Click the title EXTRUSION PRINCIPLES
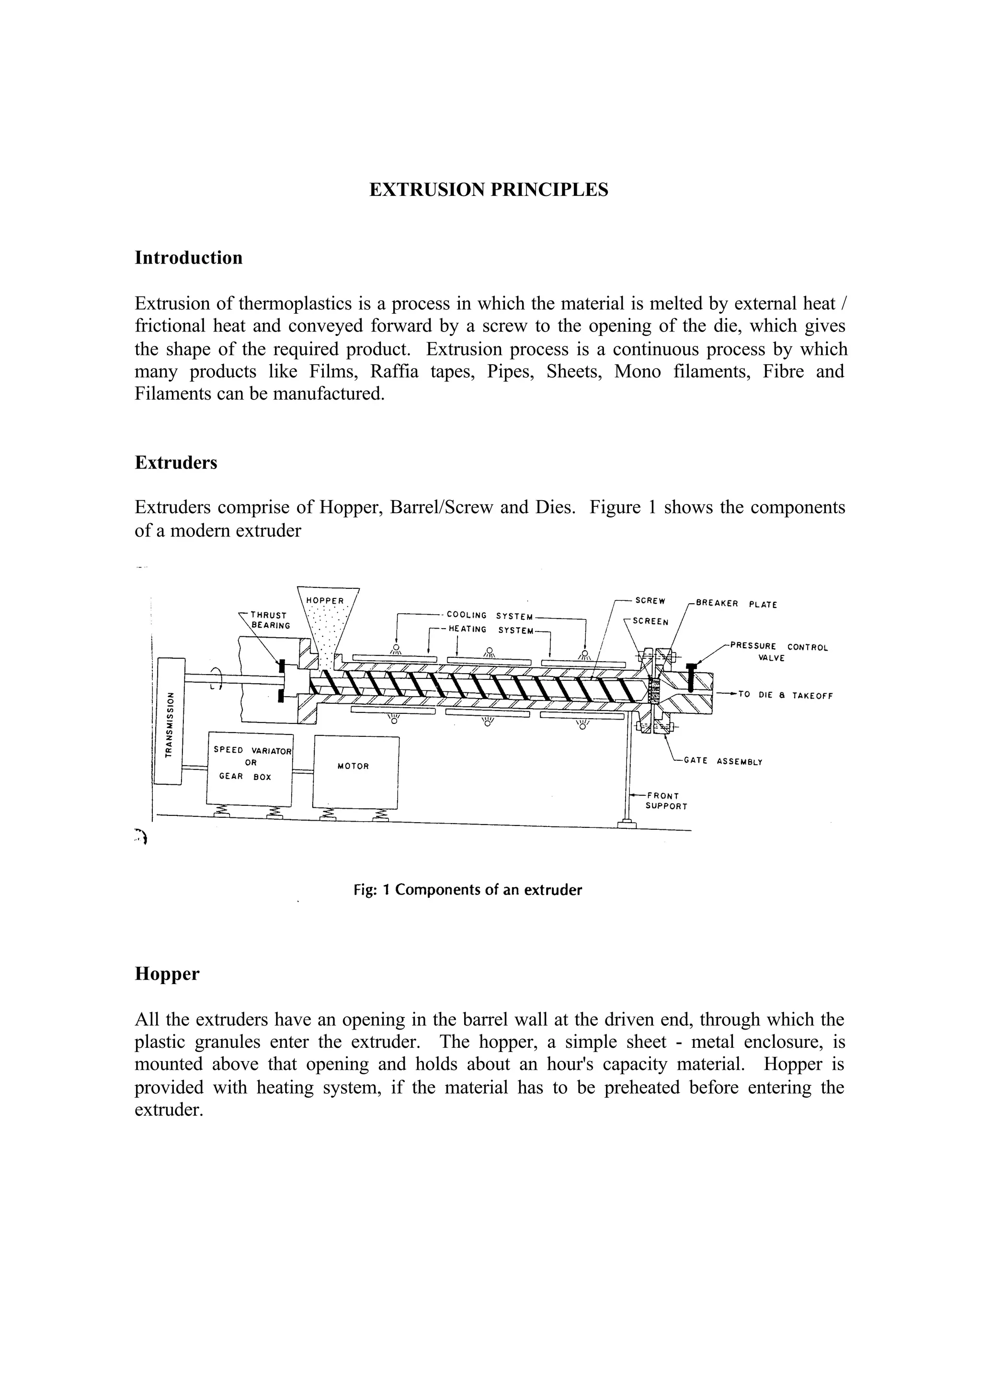pos(489,190)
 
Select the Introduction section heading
pos(188,257)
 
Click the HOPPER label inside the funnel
pos(325,601)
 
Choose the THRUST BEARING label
pos(269,620)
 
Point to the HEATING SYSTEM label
pos(490,630)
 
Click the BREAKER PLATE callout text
pos(736,604)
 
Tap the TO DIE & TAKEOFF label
pos(785,696)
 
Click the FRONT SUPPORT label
pos(666,801)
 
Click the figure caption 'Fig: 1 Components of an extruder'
pos(468,890)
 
